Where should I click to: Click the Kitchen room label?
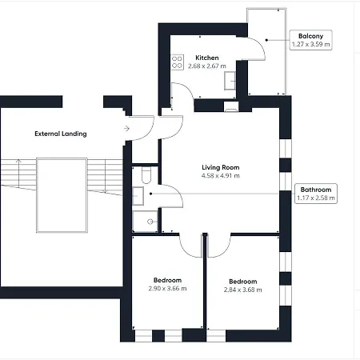207,58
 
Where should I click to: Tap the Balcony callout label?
310,37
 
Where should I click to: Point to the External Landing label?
61,134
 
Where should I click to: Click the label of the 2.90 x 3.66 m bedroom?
168,280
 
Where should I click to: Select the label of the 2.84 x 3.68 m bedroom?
242,282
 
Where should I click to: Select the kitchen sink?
231,80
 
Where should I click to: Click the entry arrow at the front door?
126,128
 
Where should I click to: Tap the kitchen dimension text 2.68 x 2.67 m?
207,66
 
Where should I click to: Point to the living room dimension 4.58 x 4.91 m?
220,176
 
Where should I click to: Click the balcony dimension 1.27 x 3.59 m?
310,45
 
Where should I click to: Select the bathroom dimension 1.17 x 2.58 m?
313,198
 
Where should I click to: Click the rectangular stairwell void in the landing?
61,194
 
